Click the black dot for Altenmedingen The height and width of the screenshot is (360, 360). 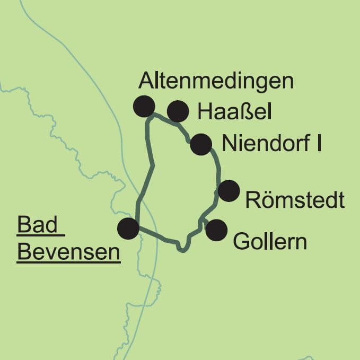click(144, 106)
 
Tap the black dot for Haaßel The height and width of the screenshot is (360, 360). click(178, 111)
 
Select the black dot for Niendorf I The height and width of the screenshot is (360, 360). click(201, 144)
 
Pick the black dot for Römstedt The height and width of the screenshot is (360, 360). click(229, 191)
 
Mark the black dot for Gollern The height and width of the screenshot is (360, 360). click(216, 230)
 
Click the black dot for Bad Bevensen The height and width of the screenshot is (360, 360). click(128, 229)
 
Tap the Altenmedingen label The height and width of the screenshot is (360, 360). click(215, 81)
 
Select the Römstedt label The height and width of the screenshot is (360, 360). click(295, 201)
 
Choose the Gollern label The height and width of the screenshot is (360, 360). click(270, 242)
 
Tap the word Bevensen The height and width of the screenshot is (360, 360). click(68, 252)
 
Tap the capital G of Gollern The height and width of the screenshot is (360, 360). click(241, 242)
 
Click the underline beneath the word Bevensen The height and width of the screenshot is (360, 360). click(68, 262)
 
